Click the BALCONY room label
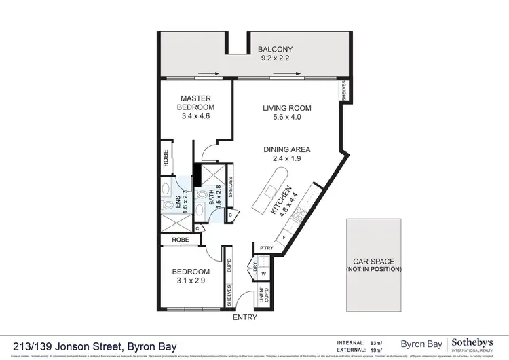274,49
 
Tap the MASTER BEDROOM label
195,103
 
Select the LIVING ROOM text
287,108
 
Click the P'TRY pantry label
261,248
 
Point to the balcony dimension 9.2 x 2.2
274,58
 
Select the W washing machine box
264,275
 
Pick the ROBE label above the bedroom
180,240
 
